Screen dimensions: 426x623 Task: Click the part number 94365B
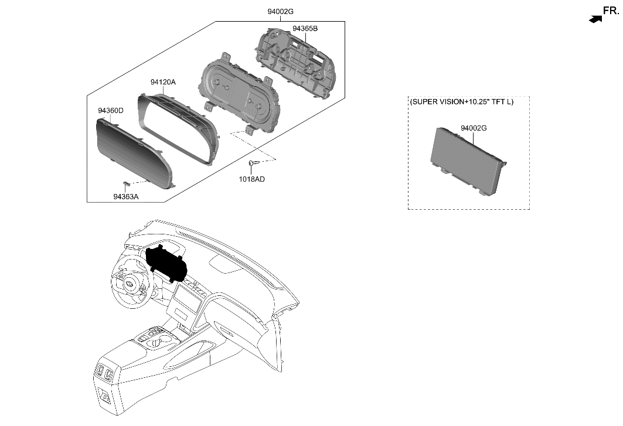coord(305,28)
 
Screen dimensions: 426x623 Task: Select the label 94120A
coord(163,83)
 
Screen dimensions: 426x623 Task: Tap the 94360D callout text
coord(110,110)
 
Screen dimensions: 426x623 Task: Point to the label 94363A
coord(126,197)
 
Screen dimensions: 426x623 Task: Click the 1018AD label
coord(251,179)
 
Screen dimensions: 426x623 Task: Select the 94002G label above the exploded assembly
coord(280,11)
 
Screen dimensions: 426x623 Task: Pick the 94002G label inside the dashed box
coord(474,128)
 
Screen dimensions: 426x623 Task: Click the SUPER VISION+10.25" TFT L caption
coord(462,102)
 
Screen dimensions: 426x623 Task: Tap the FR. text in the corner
coord(610,10)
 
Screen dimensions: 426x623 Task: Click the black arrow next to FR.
coord(595,19)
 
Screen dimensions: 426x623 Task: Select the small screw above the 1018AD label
coord(253,163)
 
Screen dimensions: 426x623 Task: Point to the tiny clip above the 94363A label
coord(127,184)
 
